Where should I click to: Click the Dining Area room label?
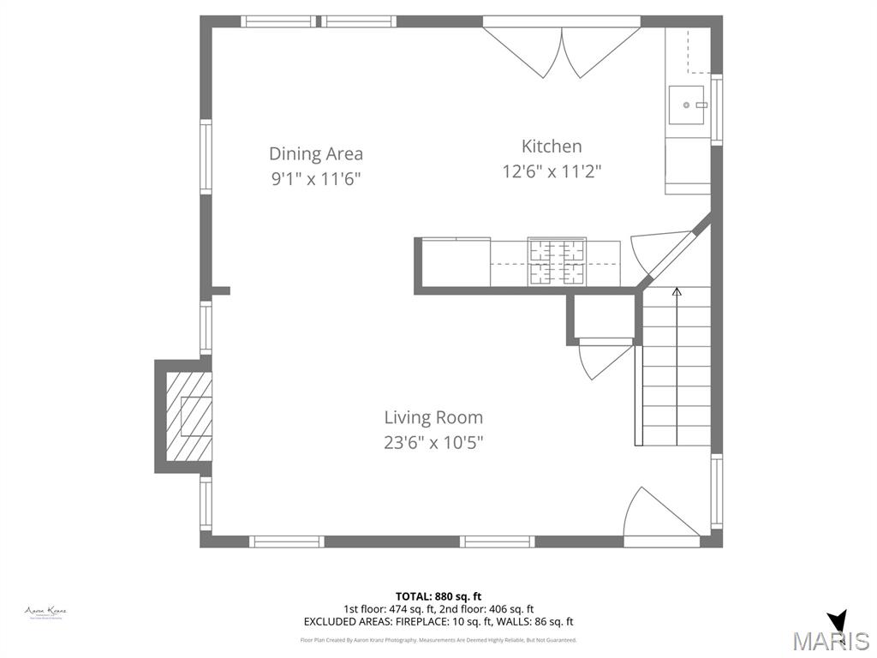pyautogui.click(x=316, y=154)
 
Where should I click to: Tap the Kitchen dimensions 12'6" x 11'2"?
pyautogui.click(x=552, y=171)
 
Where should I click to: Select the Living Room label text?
pyautogui.click(x=433, y=418)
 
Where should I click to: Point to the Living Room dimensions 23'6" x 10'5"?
pyautogui.click(x=433, y=443)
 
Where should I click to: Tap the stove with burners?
pyautogui.click(x=557, y=261)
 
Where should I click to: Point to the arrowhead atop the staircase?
pyautogui.click(x=677, y=292)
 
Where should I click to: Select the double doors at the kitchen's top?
pyautogui.click(x=562, y=47)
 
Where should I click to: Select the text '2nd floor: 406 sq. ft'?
pyautogui.click(x=483, y=609)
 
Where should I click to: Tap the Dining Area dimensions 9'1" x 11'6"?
pyautogui.click(x=316, y=179)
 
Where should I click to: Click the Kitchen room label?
pyautogui.click(x=552, y=147)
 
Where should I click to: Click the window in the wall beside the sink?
pyautogui.click(x=717, y=109)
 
